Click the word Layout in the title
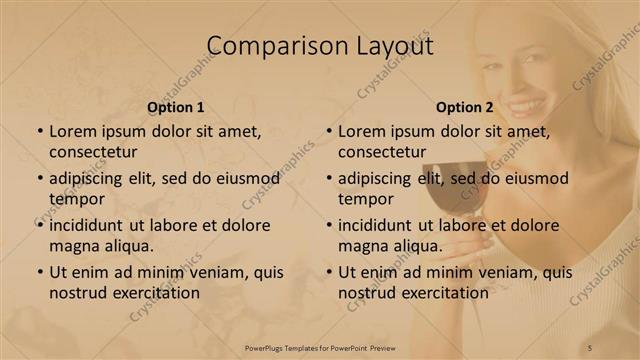(x=390, y=46)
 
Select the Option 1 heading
(x=176, y=108)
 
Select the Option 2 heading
(x=465, y=108)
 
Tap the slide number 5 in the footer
(x=590, y=347)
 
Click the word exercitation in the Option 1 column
(x=155, y=293)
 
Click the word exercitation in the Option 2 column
(x=444, y=293)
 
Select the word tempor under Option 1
(x=76, y=199)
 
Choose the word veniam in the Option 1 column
(x=208, y=272)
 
